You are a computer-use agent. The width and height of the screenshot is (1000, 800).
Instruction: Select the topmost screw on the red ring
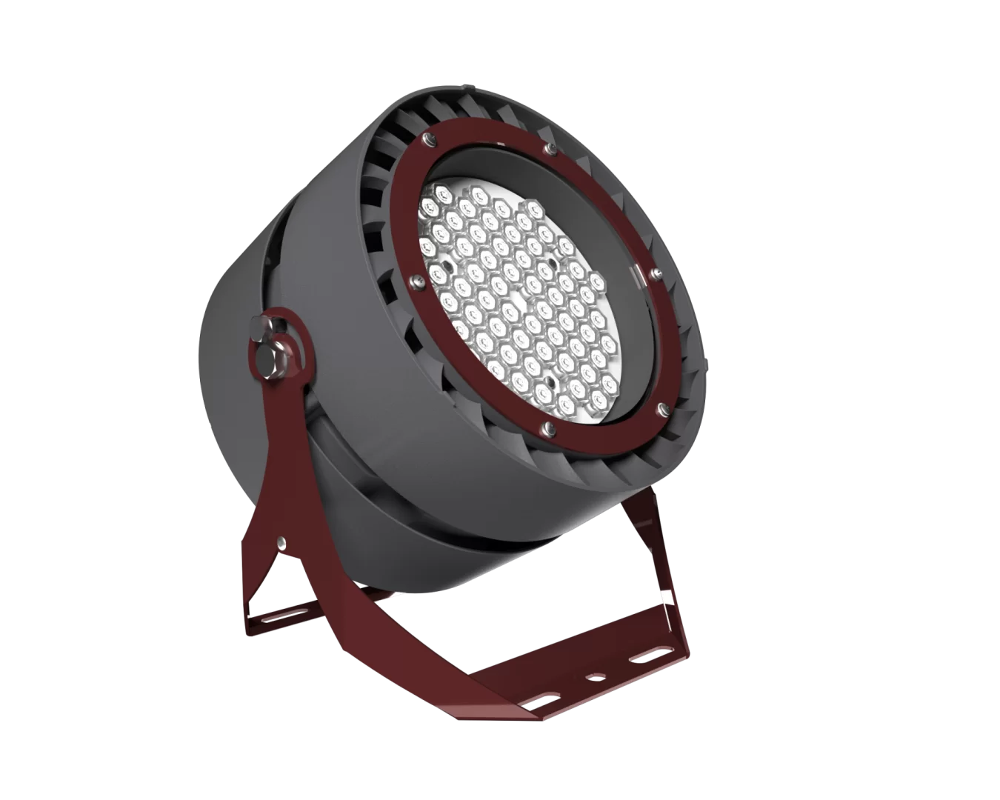pyautogui.click(x=427, y=138)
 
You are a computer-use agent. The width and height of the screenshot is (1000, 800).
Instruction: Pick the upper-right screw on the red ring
pyautogui.click(x=548, y=150)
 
